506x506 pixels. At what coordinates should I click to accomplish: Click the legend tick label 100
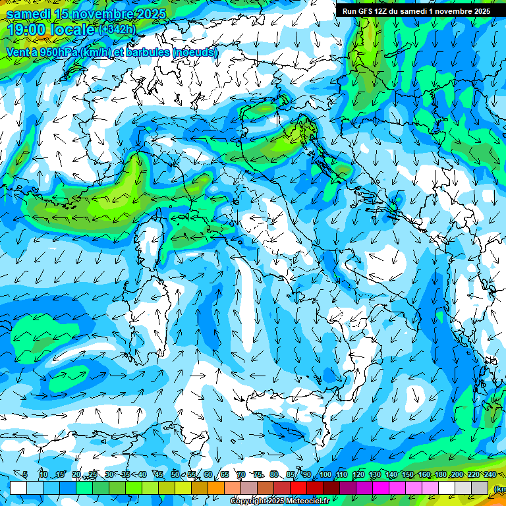click(325, 475)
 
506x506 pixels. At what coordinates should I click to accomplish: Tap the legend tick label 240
click(490, 475)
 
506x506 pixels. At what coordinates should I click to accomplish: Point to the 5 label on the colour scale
click(25, 475)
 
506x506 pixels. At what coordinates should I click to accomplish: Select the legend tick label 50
click(175, 475)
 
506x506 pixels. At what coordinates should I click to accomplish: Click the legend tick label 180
click(441, 475)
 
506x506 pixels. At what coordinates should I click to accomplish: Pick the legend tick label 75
click(257, 475)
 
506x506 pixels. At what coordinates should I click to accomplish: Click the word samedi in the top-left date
click(28, 13)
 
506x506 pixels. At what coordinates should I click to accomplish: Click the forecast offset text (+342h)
click(117, 30)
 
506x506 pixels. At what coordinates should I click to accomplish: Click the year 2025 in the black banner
click(478, 11)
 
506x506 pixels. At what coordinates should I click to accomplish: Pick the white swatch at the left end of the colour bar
click(18, 488)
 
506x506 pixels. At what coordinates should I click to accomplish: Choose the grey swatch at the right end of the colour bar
click(480, 488)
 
